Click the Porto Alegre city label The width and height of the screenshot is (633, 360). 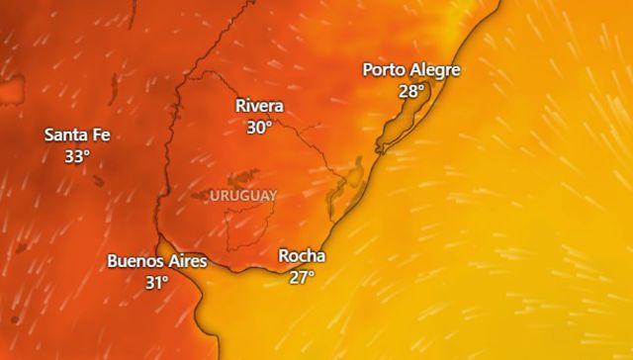click(x=411, y=70)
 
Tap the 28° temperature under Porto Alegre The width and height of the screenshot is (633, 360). click(x=411, y=91)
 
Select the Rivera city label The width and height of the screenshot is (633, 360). click(x=260, y=107)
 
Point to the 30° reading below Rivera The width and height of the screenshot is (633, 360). click(x=260, y=128)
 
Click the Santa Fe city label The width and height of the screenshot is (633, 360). click(x=76, y=135)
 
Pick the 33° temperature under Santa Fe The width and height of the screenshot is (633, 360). click(x=76, y=156)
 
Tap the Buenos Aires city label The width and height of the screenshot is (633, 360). click(x=157, y=261)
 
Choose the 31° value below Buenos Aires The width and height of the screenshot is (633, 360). click(x=157, y=283)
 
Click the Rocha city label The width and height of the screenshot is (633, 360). click(x=302, y=256)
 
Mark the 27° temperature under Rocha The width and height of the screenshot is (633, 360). click(x=302, y=277)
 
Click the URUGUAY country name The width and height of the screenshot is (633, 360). click(x=243, y=196)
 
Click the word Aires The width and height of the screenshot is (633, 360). click(x=188, y=261)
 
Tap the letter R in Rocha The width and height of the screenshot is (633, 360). click(x=284, y=256)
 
